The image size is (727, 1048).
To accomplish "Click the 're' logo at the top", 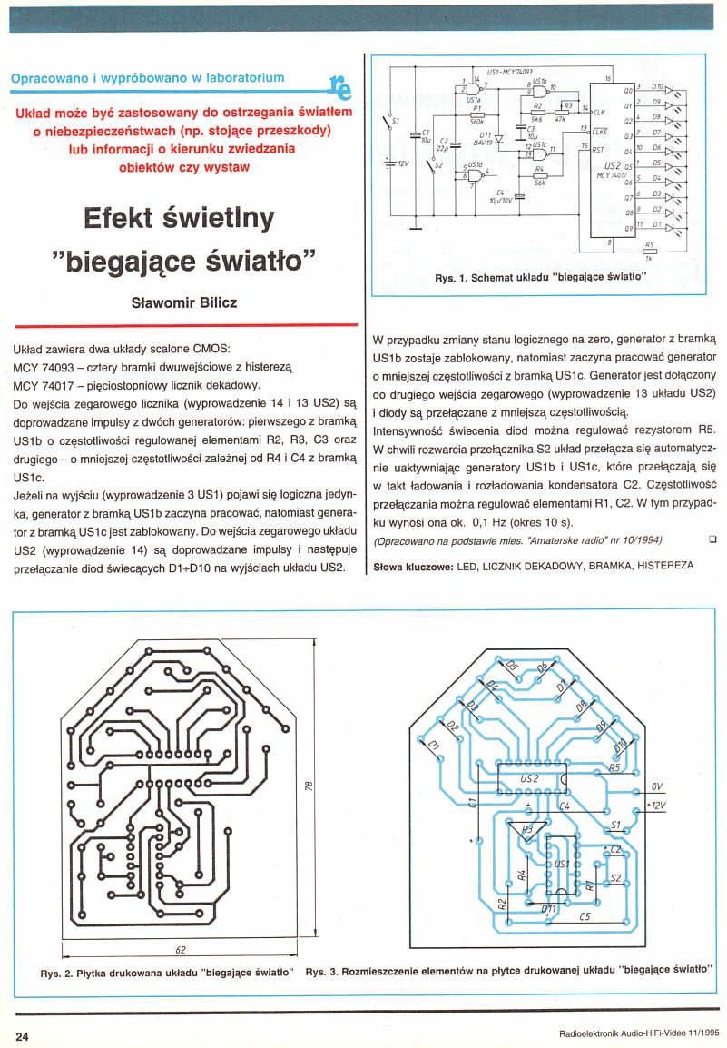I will [341, 84].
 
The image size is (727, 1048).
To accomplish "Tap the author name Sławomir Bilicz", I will [185, 302].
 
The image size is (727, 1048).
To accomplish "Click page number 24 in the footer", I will [23, 1035].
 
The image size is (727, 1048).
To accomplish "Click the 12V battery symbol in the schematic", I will [390, 163].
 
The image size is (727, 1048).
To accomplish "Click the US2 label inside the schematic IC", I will [610, 167].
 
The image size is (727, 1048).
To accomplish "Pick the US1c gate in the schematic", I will [539, 152].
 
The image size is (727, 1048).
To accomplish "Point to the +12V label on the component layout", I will [654, 805].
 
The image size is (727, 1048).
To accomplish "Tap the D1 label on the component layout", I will [433, 746].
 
